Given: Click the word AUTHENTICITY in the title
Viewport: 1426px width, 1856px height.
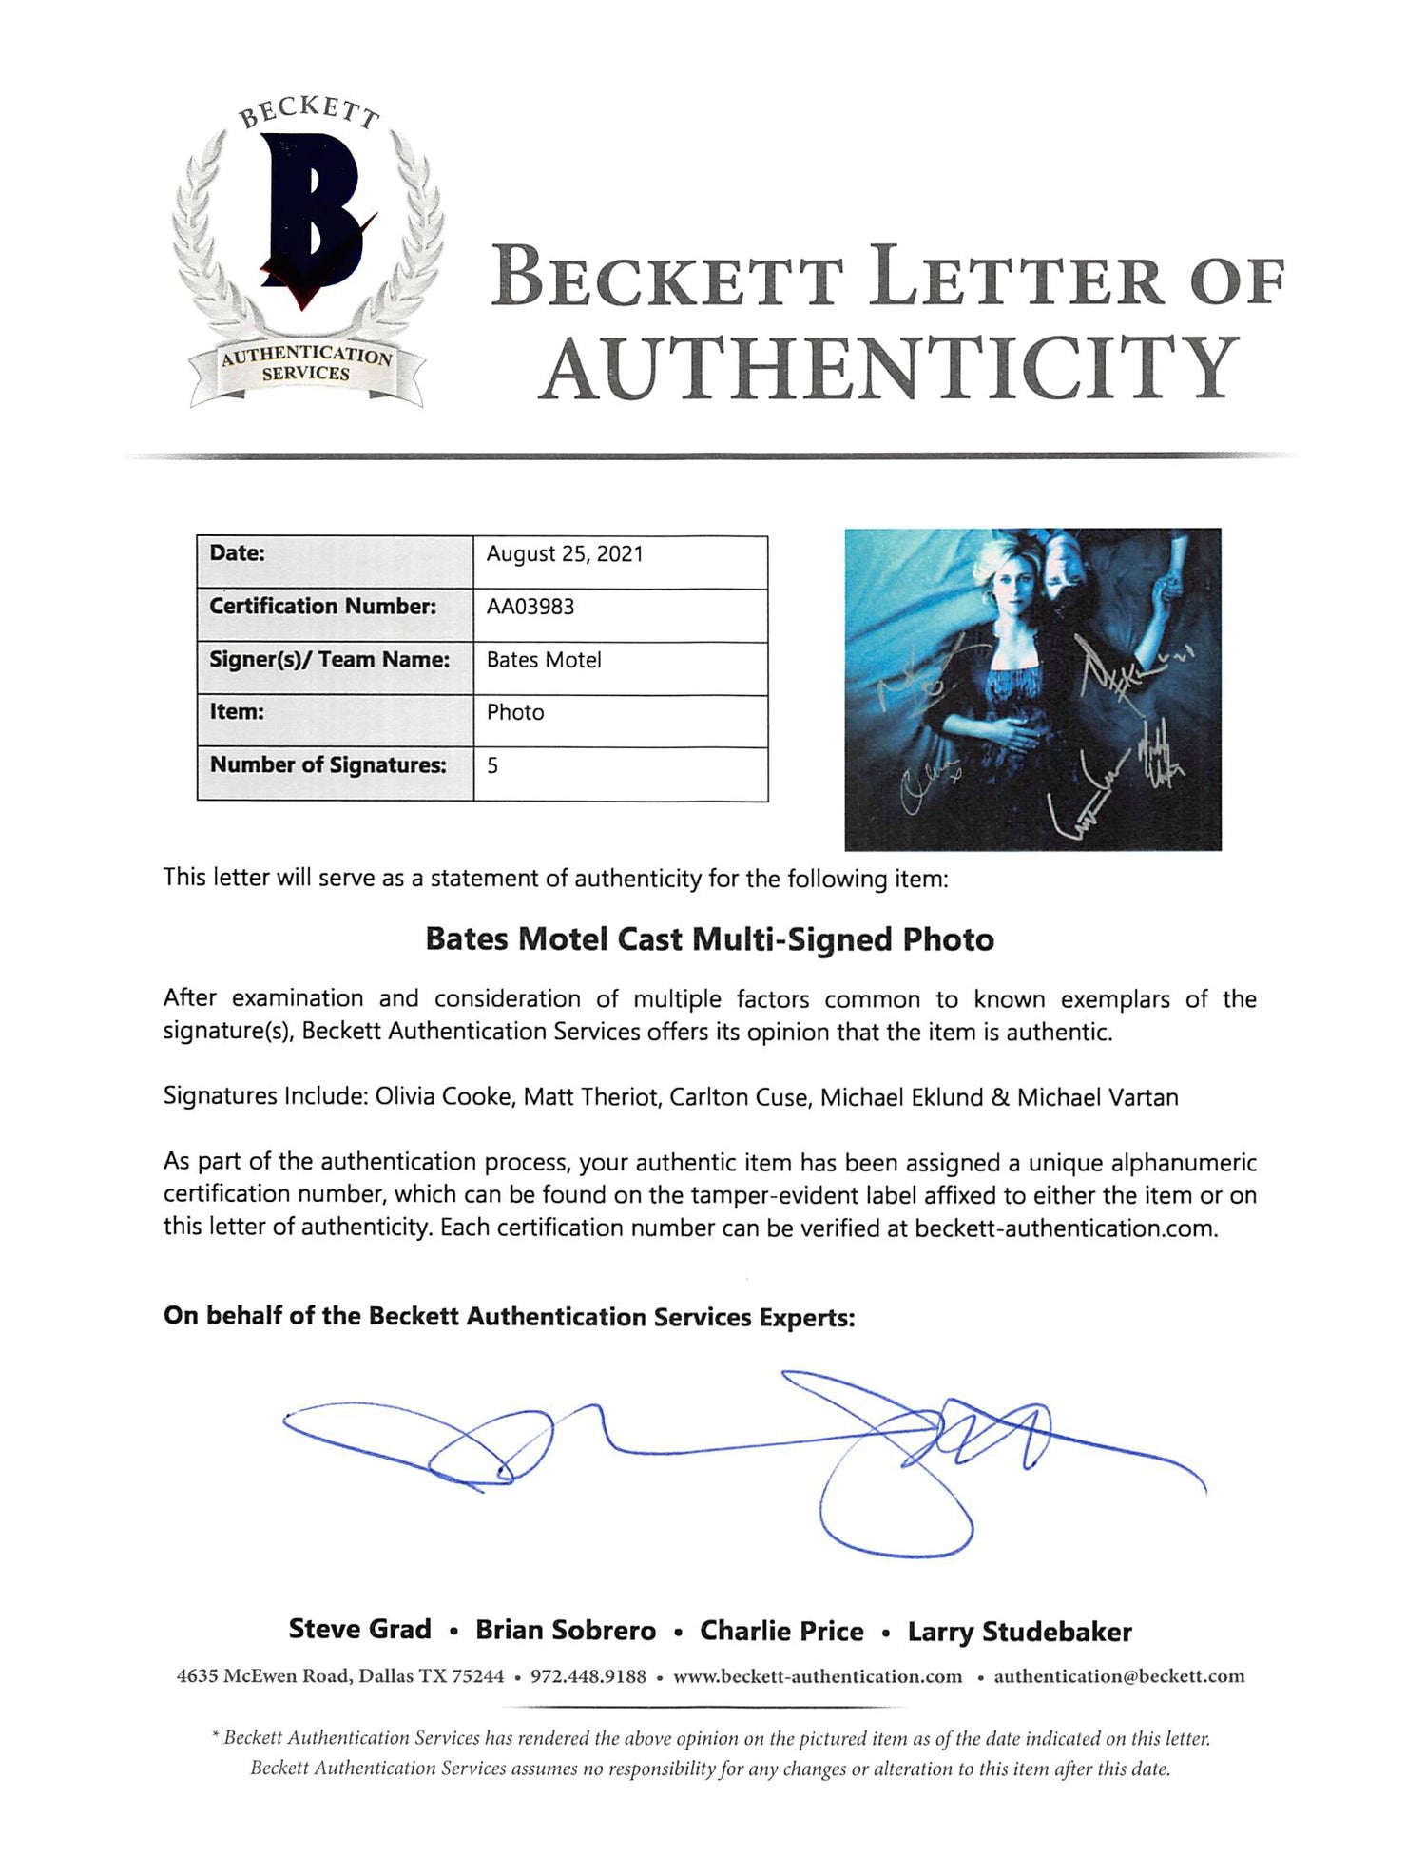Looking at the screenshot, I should (891, 369).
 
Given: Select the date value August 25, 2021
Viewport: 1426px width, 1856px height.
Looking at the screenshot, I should (565, 554).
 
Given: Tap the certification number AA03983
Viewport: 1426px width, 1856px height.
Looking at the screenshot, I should (530, 607).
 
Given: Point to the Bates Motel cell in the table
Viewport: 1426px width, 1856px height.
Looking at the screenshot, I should (544, 660).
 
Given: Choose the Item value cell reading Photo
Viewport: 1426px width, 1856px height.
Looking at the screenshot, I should (515, 712).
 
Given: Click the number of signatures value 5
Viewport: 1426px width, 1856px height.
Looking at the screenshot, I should (492, 765).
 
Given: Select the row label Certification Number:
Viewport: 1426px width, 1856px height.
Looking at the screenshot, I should (323, 607).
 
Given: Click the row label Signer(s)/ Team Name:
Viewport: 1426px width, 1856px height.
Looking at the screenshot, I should (329, 660).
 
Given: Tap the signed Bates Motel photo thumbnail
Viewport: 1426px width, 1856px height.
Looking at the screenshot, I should (1032, 688).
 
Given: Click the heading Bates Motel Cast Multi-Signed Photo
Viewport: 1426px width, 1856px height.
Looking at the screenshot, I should (709, 939).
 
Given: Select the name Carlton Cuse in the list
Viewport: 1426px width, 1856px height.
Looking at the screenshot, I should (739, 1097).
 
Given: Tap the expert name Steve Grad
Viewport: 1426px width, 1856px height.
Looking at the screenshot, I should (359, 1630).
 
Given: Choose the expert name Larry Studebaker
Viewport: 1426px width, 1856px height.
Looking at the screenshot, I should (1019, 1632).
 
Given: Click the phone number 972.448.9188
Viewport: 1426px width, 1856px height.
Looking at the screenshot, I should (588, 1676).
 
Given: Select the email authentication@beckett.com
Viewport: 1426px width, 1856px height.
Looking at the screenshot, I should (1119, 1676).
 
